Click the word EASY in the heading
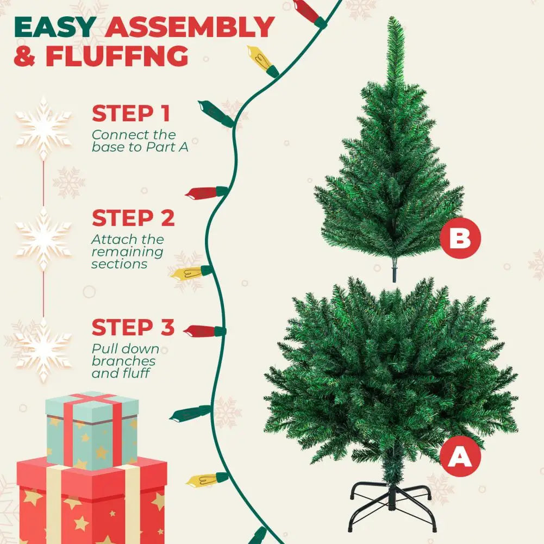click(x=55, y=27)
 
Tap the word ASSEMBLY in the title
click(x=190, y=27)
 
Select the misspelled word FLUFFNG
click(x=117, y=55)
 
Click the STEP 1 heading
click(x=131, y=113)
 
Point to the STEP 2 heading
click(x=133, y=218)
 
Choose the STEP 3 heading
click(x=133, y=327)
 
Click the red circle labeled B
click(x=460, y=238)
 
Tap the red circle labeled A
click(x=460, y=455)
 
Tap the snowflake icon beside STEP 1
click(x=43, y=128)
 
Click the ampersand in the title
click(x=25, y=56)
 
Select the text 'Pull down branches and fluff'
click(x=126, y=361)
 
